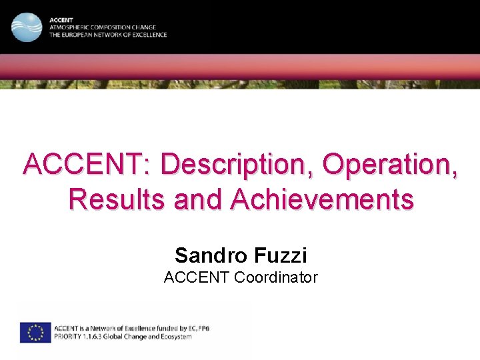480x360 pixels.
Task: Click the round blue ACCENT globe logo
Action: click(x=27, y=27)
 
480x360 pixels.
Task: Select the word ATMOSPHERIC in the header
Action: click(x=69, y=28)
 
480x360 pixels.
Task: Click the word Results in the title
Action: click(x=117, y=199)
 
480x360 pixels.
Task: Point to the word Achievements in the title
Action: click(x=322, y=199)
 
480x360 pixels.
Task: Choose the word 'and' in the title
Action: click(x=199, y=199)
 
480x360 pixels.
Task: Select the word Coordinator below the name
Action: click(x=276, y=277)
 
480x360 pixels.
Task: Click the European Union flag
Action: click(x=35, y=332)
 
